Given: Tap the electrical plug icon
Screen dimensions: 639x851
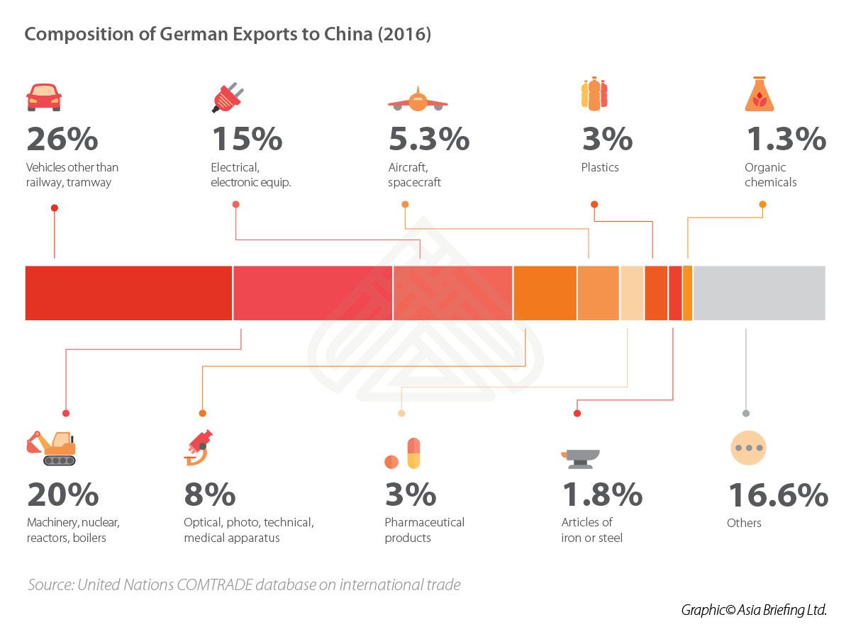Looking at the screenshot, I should click(228, 98).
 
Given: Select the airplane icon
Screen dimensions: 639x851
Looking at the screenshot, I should click(418, 99).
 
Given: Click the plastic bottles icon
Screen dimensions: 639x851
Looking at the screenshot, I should click(594, 95).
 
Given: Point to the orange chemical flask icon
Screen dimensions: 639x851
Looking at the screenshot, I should click(759, 95).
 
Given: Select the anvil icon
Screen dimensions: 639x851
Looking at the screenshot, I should click(580, 458).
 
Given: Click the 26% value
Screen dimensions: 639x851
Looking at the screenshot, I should click(62, 140).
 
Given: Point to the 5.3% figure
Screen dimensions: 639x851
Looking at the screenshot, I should click(428, 140).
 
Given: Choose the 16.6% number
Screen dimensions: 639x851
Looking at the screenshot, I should click(777, 495).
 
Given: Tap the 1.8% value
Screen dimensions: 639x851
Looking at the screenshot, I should click(602, 495).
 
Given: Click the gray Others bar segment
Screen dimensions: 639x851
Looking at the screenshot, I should click(759, 293).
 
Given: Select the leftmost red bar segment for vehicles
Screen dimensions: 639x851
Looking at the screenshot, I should click(128, 293).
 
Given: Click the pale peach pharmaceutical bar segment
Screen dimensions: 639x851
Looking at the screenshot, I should click(632, 293).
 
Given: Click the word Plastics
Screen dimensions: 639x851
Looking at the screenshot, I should click(600, 168).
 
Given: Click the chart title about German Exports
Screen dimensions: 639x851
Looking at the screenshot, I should click(228, 34).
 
